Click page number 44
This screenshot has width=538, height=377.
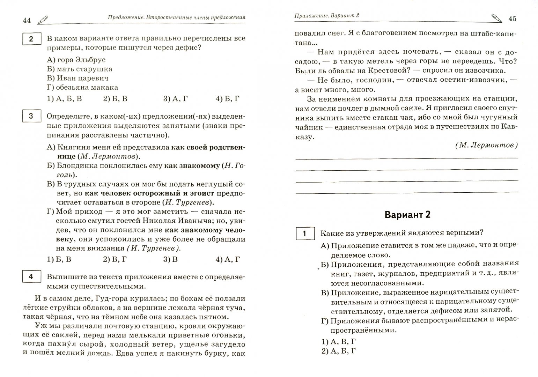pos(27,20)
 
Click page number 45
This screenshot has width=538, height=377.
pos(512,19)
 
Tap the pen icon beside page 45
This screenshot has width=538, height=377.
pos(496,18)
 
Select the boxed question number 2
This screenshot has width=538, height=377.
pos(31,39)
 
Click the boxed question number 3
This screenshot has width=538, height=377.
pos(31,116)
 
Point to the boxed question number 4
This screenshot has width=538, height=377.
pos(31,277)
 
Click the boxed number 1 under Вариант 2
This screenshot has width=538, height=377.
pos(304,234)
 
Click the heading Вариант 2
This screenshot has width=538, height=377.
pos(407,215)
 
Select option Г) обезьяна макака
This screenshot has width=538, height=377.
pos(82,87)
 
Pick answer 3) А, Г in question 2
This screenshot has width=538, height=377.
pos(175,99)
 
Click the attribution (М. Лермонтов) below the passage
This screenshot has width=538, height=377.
pos(486,146)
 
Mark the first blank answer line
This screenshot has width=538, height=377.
pos(407,158)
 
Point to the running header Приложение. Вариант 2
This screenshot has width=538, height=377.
pos(327,15)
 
